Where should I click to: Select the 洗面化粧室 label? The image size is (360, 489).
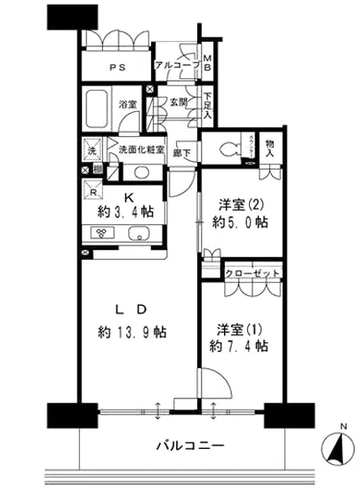coord(141,149)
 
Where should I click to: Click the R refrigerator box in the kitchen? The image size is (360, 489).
coord(93,191)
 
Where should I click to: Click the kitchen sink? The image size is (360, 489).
coord(140,236)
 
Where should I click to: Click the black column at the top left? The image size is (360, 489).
coord(72,16)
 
